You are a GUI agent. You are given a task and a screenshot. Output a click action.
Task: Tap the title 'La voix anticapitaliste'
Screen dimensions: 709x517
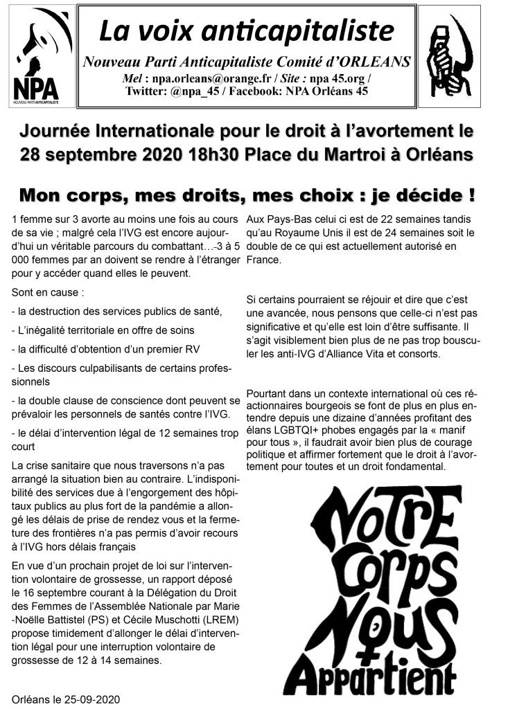pos(246,31)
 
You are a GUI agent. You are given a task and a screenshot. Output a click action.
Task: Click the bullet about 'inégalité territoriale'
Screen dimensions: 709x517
pos(104,330)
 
